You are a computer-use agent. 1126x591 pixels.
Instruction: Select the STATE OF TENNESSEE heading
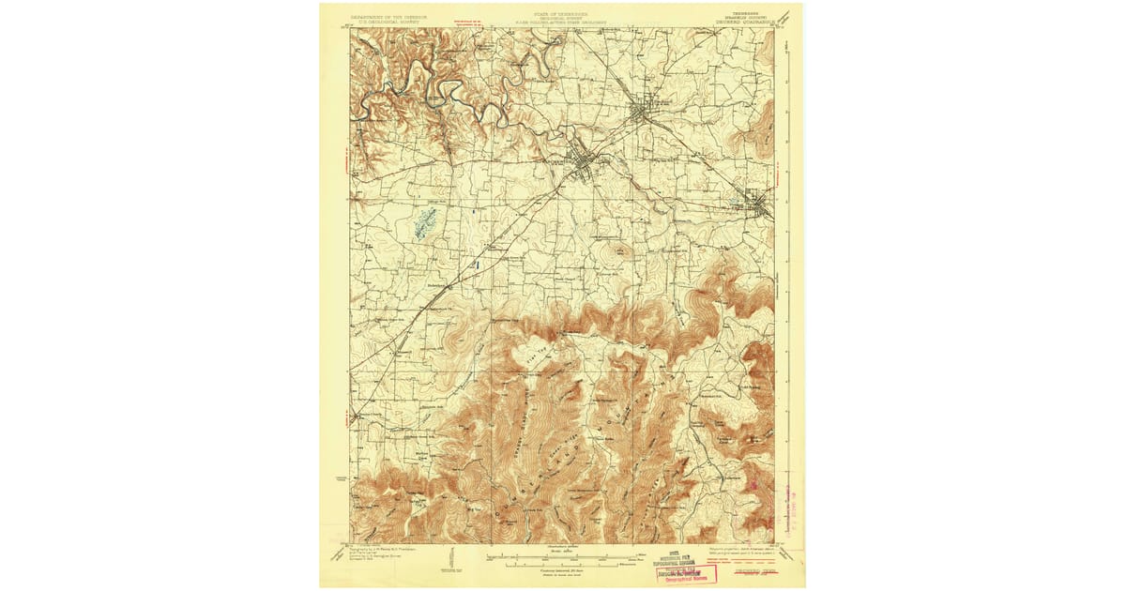click(x=562, y=15)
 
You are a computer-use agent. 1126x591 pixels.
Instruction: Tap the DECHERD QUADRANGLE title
click(x=746, y=21)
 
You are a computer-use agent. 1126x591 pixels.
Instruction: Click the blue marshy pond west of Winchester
click(x=425, y=222)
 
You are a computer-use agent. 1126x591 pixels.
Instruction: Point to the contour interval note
click(x=563, y=568)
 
